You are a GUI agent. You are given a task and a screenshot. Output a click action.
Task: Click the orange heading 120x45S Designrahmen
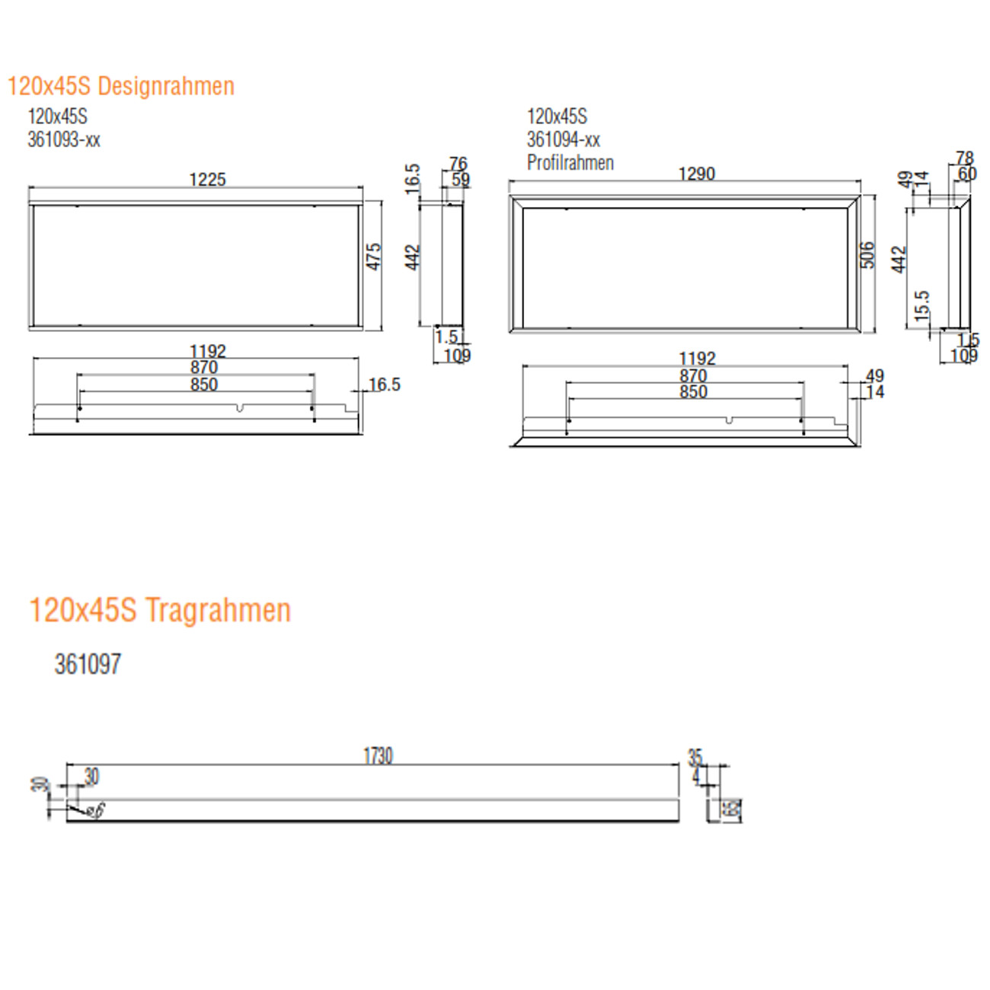pos(120,86)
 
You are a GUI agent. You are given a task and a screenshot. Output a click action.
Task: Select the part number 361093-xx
pos(64,139)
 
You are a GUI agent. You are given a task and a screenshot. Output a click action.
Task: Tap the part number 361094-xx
pos(564,139)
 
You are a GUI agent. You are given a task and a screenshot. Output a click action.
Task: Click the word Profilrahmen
pos(570,162)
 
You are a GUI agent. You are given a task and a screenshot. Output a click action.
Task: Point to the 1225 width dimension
pos(207,180)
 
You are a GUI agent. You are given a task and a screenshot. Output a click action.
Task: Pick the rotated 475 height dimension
pos(374,256)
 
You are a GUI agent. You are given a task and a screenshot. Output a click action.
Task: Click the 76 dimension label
pos(458,164)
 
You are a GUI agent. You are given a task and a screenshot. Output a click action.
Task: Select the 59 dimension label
pos(461,180)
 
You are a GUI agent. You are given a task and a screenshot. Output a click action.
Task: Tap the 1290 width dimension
pos(696,174)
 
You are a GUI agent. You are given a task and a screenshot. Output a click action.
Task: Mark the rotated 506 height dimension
pos(867,255)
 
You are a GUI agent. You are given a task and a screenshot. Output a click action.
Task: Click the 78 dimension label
pos(964,158)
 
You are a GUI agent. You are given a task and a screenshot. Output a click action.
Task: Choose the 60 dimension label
pos(967,174)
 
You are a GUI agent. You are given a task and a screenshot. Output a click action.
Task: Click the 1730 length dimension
pos(378,755)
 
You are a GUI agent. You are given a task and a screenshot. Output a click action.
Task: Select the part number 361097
pos(88,664)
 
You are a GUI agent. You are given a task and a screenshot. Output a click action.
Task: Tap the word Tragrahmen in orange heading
pos(218,610)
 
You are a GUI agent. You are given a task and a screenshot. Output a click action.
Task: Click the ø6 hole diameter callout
pos(95,811)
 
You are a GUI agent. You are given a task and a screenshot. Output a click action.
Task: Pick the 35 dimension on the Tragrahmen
pos(695,757)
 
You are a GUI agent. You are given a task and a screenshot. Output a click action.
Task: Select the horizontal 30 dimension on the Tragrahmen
pos(91,776)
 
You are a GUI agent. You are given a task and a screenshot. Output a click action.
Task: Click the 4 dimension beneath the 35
pos(695,776)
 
